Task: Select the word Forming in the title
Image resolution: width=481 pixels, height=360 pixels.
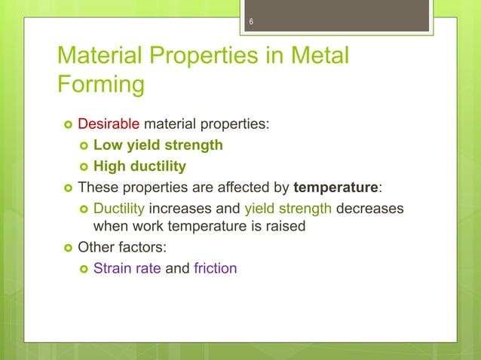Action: coord(100,84)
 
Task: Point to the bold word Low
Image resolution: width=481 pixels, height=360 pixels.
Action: coord(106,145)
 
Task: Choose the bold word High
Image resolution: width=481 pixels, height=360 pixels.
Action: coord(109,166)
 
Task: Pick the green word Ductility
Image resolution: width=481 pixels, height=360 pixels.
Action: coord(118,208)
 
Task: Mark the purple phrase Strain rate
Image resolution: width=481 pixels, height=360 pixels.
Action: coord(127,268)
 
